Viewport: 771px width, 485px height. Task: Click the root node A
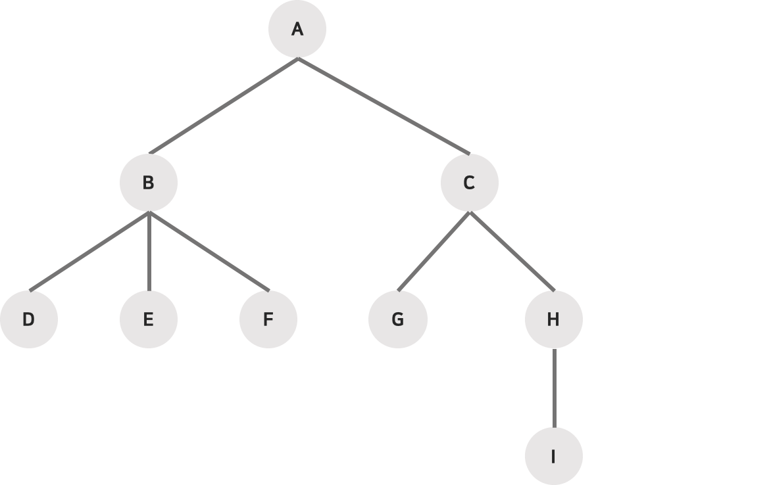(x=297, y=30)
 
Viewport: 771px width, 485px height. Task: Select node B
(x=149, y=183)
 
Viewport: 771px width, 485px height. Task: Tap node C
(x=469, y=183)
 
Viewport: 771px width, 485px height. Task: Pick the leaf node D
(x=29, y=319)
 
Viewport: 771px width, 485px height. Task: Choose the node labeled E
(x=149, y=319)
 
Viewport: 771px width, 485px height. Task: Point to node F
(x=268, y=319)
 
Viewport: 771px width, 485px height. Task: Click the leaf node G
(x=398, y=319)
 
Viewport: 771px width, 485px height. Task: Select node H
(x=553, y=319)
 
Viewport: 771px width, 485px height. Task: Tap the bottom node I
(x=553, y=456)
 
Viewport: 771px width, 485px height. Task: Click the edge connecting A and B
(x=224, y=106)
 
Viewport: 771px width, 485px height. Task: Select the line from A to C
(x=384, y=106)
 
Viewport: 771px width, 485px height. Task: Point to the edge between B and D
(x=89, y=251)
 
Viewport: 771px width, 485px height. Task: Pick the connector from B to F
(x=209, y=251)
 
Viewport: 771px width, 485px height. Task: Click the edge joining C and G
(x=434, y=251)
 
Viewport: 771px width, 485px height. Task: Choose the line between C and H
(x=511, y=251)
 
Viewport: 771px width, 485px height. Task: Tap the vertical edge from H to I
(x=553, y=388)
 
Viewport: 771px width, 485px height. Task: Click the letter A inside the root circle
(x=297, y=30)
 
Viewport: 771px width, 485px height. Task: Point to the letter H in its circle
(x=553, y=319)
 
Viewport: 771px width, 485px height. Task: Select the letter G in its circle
(x=398, y=319)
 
